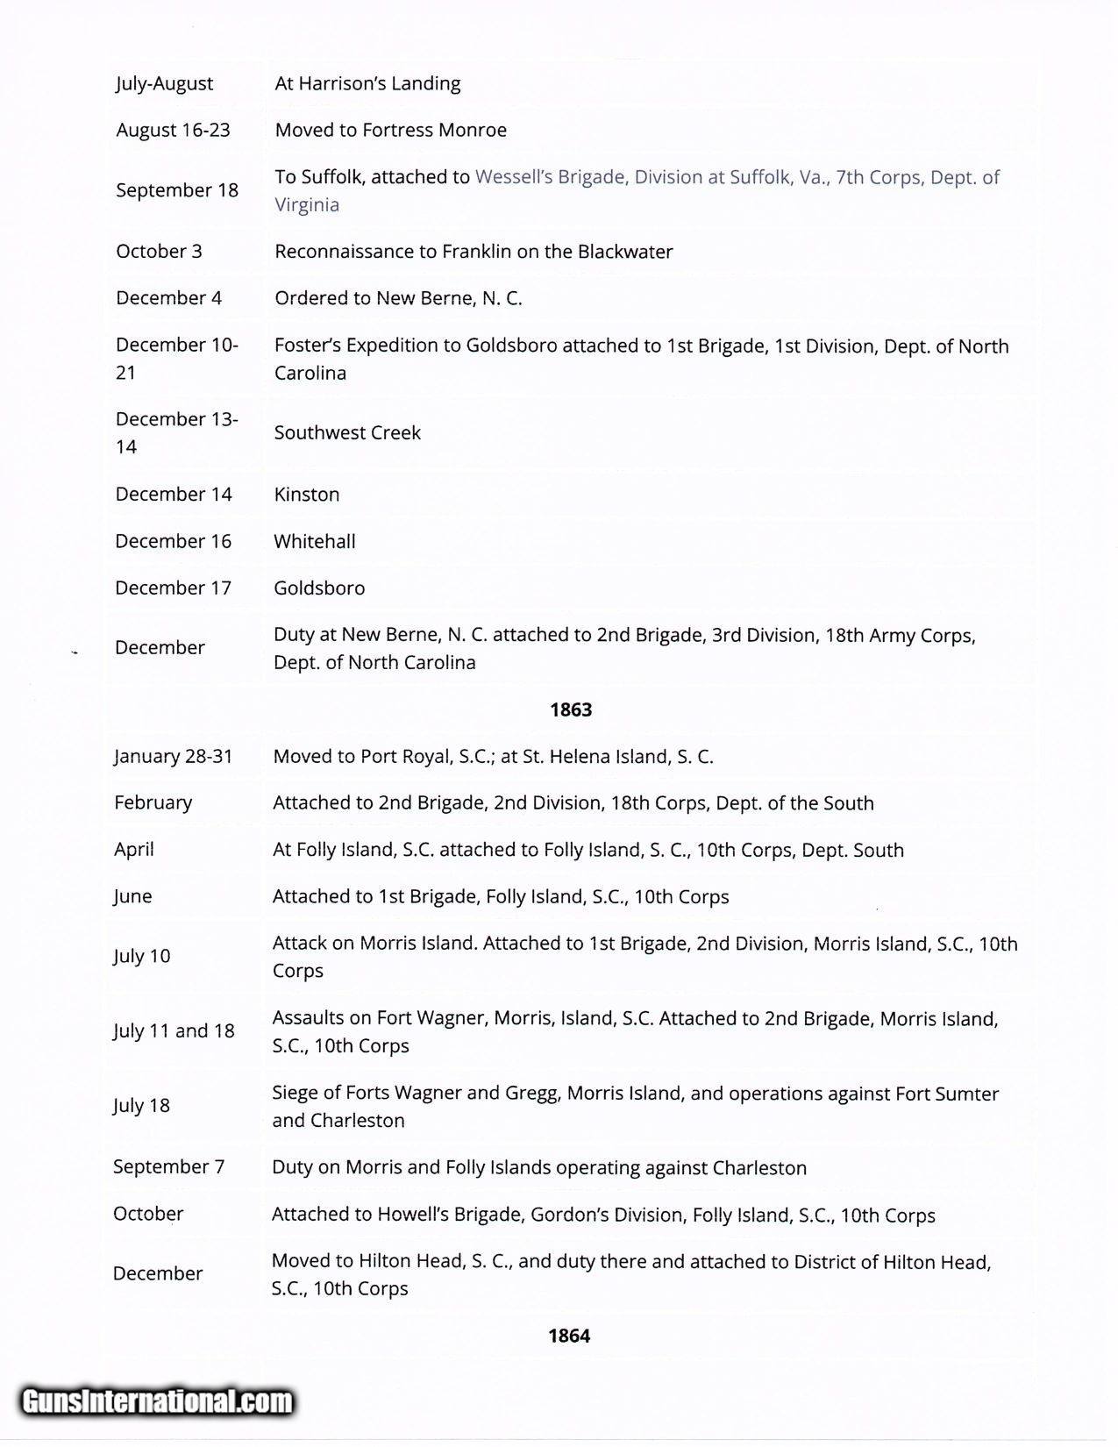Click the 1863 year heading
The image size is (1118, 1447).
coord(571,709)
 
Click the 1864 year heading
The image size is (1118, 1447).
coord(569,1336)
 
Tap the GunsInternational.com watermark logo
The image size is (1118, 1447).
coord(158,1401)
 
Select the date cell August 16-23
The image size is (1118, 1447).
coord(173,130)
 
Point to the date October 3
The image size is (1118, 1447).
coord(159,251)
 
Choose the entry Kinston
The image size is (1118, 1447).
coord(306,494)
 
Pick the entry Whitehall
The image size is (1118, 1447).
coord(314,541)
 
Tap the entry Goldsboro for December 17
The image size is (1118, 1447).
coord(319,588)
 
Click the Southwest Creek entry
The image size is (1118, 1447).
coord(347,432)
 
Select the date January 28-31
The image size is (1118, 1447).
coord(173,756)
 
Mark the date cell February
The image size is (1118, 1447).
coord(153,802)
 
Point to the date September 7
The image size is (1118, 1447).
coord(168,1166)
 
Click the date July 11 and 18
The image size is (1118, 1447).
coord(174,1030)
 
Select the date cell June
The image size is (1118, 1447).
coord(132,896)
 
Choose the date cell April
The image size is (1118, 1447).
coord(133,849)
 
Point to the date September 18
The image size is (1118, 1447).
coord(176,190)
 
